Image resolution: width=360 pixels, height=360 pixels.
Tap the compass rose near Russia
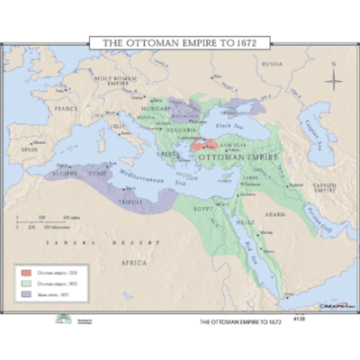(332, 80)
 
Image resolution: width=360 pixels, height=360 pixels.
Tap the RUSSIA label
(272, 65)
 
